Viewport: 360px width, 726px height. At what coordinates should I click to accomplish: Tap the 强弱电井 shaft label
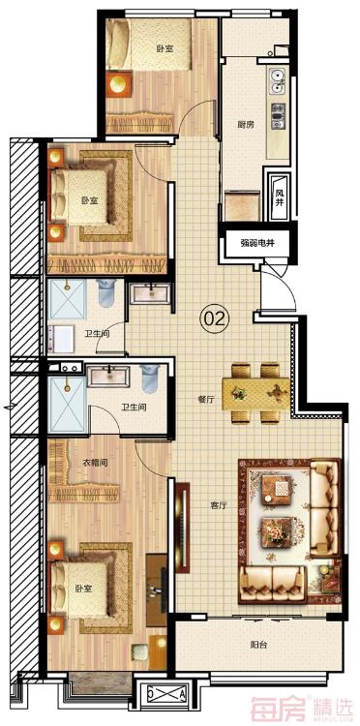pyautogui.click(x=258, y=244)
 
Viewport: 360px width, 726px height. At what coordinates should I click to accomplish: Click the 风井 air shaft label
pyautogui.click(x=280, y=197)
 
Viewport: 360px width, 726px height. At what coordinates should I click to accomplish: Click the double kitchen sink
pyautogui.click(x=277, y=80)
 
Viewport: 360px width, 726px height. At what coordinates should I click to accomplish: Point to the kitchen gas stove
pyautogui.click(x=278, y=115)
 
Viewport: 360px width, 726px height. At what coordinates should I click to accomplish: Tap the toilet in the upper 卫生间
pyautogui.click(x=105, y=293)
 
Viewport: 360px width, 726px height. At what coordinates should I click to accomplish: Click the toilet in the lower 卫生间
pyautogui.click(x=150, y=378)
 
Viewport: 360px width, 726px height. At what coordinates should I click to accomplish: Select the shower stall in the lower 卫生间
pyautogui.click(x=67, y=405)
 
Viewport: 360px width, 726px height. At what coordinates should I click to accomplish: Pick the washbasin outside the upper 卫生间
pyautogui.click(x=150, y=293)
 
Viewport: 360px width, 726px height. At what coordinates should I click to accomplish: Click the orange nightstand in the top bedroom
pyautogui.click(x=119, y=83)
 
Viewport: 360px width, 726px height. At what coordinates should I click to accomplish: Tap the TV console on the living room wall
pyautogui.click(x=183, y=528)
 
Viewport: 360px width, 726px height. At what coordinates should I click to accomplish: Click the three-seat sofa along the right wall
pyautogui.click(x=325, y=508)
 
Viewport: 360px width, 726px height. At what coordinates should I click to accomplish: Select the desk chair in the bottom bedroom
pyautogui.click(x=139, y=653)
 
